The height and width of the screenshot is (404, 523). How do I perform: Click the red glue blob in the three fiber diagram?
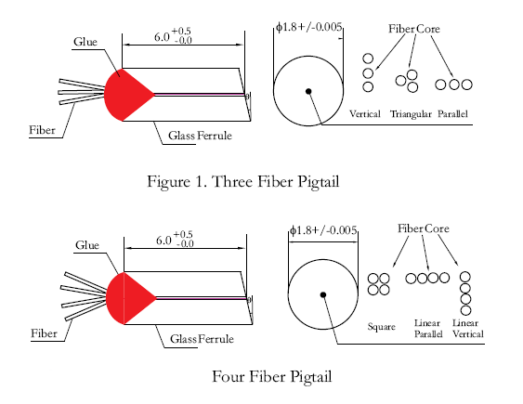coord(126,95)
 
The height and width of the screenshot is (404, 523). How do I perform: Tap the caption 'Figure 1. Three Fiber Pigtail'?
coord(243,182)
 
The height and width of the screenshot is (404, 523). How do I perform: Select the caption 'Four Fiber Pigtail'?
coord(272,377)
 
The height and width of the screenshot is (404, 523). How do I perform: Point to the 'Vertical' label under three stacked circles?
coord(364,114)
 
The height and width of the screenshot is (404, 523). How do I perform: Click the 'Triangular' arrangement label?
coord(411,114)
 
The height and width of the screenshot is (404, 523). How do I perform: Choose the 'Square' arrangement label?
coord(381,327)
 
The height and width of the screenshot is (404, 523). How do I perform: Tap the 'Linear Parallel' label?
coord(428,329)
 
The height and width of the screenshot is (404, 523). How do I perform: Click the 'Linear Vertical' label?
coord(467,329)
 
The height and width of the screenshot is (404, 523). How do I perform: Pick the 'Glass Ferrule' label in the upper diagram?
coord(200,136)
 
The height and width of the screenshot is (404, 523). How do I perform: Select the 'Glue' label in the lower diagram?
coord(87,245)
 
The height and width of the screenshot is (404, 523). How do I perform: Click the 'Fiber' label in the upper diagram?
coord(42,130)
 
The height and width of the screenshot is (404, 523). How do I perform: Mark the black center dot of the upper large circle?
coord(308,91)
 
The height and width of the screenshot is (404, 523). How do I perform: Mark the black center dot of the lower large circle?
coord(323,294)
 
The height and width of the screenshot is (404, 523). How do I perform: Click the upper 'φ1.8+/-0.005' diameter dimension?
coord(308,27)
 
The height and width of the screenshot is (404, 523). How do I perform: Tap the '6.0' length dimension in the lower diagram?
coord(163,240)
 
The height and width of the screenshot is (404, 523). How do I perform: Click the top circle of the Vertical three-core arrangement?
coord(368,59)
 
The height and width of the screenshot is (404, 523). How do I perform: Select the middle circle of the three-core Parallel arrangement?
coord(454,85)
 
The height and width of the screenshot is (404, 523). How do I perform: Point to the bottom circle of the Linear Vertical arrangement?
coord(465,310)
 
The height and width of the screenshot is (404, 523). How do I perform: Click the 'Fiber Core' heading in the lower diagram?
coord(424,228)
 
